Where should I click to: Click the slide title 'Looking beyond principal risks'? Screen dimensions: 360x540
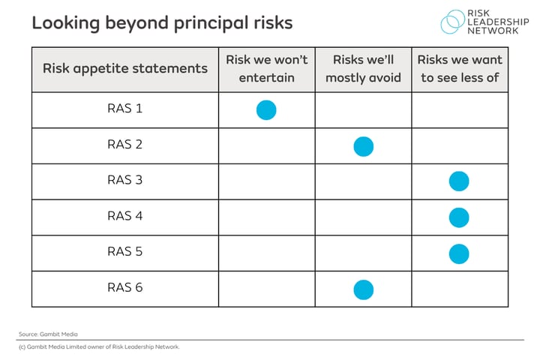tap(162, 22)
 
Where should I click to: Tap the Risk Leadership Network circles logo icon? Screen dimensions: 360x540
tap(452, 22)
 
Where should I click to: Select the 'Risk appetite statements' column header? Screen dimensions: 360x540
tap(124, 69)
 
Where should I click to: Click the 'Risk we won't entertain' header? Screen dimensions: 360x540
tap(266, 69)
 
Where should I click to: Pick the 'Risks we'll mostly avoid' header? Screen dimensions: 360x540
tap(363, 69)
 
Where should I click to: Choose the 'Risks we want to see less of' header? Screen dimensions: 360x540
tap(459, 69)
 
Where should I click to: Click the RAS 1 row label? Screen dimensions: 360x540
tap(124, 109)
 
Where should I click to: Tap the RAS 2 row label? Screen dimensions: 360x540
tap(124, 145)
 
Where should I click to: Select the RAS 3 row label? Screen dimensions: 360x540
tap(124, 181)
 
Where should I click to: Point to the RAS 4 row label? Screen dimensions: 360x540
tap(124, 217)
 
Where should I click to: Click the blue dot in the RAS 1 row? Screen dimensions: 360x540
tap(266, 110)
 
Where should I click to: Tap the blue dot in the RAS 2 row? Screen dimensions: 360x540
tap(363, 146)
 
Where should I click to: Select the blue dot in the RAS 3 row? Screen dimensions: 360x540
tap(459, 181)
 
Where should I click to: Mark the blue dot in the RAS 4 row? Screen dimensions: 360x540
tap(459, 217)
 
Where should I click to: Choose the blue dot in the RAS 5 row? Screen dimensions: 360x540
tap(459, 253)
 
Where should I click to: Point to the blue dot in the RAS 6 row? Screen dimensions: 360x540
tap(363, 289)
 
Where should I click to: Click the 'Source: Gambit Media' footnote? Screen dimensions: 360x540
tap(48, 334)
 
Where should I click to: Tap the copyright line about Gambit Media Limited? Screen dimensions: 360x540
tap(99, 347)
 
